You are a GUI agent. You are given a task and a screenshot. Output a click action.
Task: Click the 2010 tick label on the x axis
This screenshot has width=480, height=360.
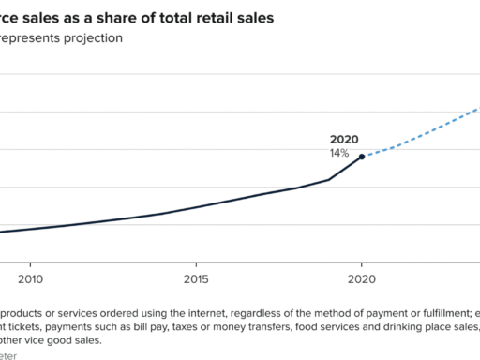tap(31, 278)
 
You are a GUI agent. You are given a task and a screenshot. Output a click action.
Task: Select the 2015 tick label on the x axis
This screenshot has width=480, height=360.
tap(196, 278)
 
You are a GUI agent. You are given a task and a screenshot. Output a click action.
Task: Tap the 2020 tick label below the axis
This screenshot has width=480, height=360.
tap(362, 278)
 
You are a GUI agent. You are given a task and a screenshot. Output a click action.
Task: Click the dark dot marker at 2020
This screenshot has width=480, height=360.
tap(362, 157)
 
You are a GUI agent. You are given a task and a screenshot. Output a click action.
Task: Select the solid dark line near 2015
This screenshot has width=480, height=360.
tap(196, 206)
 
